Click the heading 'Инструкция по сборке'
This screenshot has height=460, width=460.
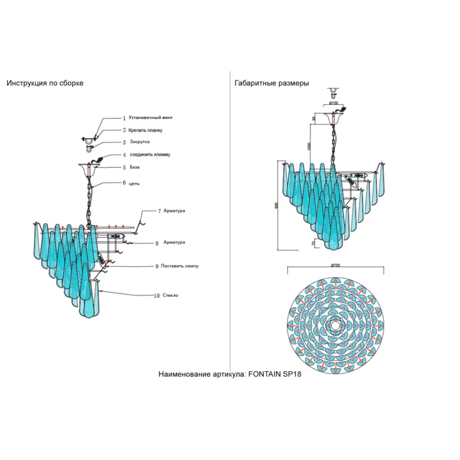(x=45, y=83)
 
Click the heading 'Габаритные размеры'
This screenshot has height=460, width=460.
(x=272, y=83)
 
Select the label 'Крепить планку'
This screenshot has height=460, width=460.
(x=145, y=130)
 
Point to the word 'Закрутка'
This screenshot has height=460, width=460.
(x=140, y=142)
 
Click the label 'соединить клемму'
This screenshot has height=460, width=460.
(x=150, y=155)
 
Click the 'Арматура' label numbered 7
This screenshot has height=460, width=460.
(x=174, y=211)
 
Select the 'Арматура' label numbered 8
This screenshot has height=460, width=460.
(x=174, y=242)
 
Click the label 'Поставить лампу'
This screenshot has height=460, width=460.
(x=181, y=265)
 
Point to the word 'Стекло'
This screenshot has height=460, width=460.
(x=171, y=295)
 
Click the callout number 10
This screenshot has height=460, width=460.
(x=157, y=296)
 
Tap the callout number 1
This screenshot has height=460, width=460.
(x=124, y=119)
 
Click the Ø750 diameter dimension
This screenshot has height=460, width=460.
(x=335, y=265)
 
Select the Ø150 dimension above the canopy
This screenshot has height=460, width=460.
(x=333, y=103)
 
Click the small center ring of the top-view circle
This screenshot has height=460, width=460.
(x=335, y=324)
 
